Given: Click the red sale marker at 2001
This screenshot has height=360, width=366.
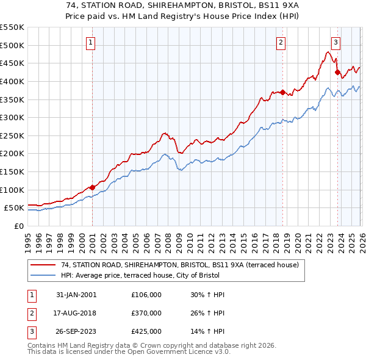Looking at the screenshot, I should click(92, 187).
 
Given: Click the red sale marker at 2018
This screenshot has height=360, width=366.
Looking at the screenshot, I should click(282, 92).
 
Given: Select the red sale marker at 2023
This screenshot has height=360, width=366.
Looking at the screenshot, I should click(337, 73).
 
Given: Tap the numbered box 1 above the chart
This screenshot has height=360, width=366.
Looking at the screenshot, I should click(91, 42).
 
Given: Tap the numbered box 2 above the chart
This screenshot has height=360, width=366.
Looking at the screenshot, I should click(281, 42).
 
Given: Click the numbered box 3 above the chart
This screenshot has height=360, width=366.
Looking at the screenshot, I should click(336, 42).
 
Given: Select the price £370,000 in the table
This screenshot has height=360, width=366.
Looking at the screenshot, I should click(146, 313).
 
